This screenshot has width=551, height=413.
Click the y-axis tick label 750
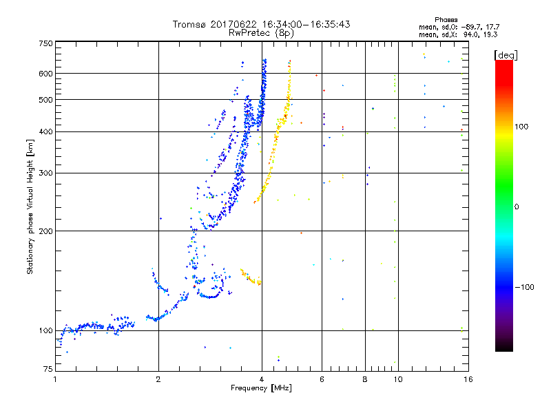(x=45, y=43)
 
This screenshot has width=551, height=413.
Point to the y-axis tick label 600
(x=45, y=73)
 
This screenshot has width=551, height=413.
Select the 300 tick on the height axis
(x=45, y=173)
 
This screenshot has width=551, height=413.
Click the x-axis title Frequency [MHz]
(x=262, y=390)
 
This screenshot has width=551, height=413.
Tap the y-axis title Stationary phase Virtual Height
(x=30, y=206)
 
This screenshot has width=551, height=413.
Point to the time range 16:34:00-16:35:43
(x=310, y=24)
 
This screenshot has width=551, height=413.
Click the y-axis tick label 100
(x=45, y=331)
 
